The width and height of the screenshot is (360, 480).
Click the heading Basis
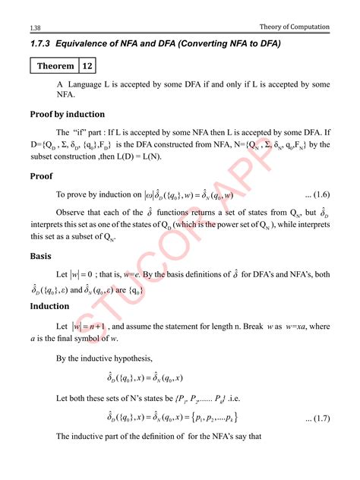tap(40, 256)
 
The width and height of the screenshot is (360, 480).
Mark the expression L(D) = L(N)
tap(149, 156)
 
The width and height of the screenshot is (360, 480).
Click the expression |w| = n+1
tap(93, 327)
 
